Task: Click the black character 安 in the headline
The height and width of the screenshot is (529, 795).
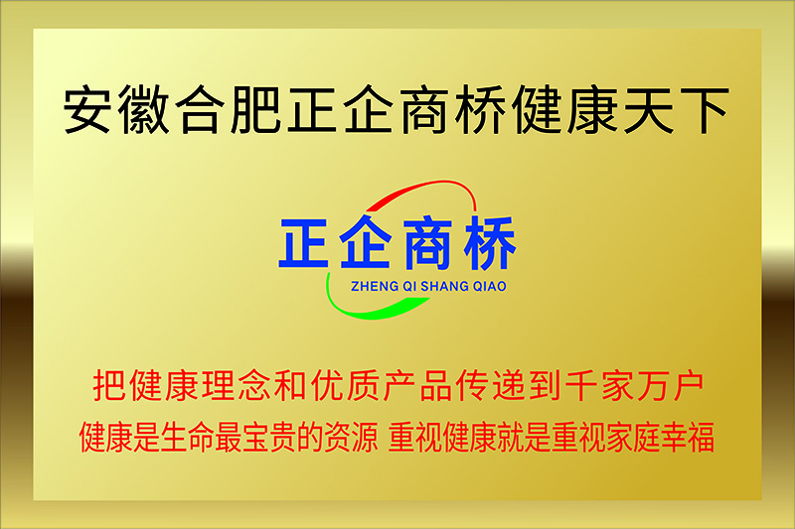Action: tap(87, 110)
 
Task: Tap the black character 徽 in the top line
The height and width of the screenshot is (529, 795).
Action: tap(143, 110)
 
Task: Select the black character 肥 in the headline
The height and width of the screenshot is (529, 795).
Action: tap(255, 110)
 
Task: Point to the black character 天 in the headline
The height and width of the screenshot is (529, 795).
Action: tap(649, 110)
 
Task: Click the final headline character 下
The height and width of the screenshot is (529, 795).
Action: tap(705, 110)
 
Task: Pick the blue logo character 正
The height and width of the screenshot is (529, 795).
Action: tap(303, 243)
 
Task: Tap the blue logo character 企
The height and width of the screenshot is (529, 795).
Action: tap(366, 242)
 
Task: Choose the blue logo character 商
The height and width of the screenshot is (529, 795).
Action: tap(427, 243)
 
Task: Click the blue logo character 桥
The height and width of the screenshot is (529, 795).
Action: tap(490, 242)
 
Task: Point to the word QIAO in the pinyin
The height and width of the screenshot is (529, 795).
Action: tap(490, 287)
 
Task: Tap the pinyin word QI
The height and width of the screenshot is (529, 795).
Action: tap(409, 287)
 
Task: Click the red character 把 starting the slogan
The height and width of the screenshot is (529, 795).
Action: tap(109, 386)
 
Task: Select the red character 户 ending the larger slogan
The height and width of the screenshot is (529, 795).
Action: tap(689, 386)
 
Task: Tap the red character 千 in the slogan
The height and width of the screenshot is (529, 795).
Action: tap(580, 386)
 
